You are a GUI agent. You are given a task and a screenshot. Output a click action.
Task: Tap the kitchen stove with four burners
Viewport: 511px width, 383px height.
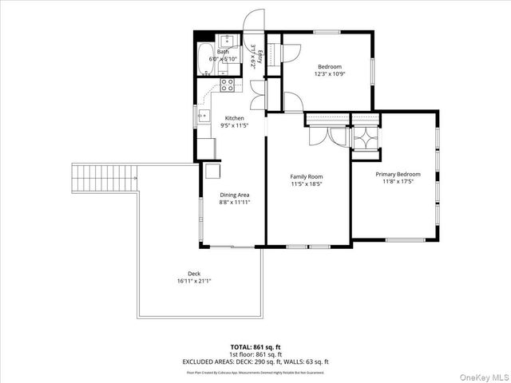(228, 84)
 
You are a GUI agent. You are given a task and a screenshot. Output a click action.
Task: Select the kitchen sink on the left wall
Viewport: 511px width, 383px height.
(202, 119)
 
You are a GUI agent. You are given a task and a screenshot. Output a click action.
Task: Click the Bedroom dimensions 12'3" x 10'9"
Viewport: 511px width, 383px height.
(330, 74)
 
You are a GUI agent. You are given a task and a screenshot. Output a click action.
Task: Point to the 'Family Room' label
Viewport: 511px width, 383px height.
(307, 176)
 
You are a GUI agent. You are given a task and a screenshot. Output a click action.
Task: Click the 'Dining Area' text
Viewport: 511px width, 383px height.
(235, 195)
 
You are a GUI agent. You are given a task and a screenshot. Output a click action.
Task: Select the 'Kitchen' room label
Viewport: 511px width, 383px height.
(234, 118)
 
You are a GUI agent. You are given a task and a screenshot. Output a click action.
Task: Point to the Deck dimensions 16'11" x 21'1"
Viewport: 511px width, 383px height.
(194, 281)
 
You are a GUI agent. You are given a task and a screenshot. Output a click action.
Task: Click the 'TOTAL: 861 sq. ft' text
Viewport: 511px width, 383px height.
(254, 347)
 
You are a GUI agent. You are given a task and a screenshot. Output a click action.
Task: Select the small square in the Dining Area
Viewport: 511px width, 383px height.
(213, 170)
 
